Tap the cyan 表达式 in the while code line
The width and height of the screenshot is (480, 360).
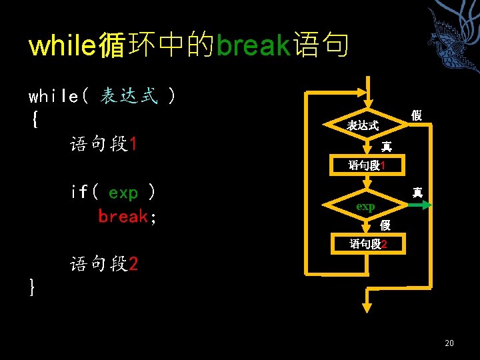click(129, 97)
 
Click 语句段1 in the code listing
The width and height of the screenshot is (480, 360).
click(104, 144)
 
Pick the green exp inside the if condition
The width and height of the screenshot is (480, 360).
click(123, 193)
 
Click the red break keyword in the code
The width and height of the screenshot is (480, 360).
click(123, 217)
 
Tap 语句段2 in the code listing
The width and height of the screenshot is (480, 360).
click(104, 265)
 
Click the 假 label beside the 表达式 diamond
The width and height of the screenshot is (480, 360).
click(417, 116)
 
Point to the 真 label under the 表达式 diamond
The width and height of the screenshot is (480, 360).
click(386, 147)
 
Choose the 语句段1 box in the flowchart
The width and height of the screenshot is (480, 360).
click(367, 165)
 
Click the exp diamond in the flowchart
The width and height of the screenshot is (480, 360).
click(365, 207)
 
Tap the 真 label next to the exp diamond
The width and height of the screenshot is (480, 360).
click(417, 193)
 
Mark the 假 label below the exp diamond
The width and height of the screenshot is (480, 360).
click(385, 227)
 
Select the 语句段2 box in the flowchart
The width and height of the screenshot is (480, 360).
click(367, 245)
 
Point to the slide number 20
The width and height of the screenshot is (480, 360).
click(449, 343)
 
